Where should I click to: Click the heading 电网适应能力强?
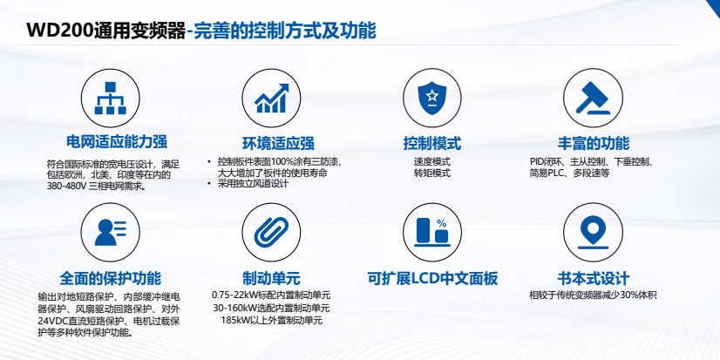coord(111,142)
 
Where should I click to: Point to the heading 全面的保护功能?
coord(111,279)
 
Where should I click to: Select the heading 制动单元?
coord(271,279)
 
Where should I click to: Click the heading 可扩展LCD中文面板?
coord(432,279)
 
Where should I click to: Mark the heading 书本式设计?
coord(593,279)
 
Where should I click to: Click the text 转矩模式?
coord(432,173)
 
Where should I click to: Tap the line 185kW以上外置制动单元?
coord(271,321)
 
